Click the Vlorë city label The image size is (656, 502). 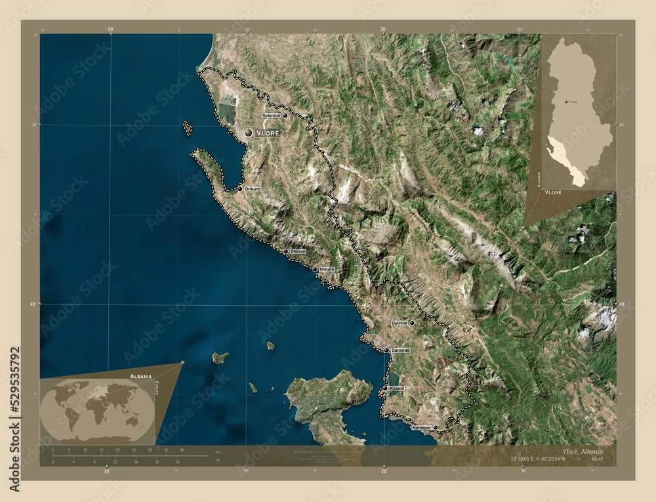click(x=268, y=133)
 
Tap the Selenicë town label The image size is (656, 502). click(x=271, y=115)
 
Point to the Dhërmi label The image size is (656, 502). click(x=297, y=251)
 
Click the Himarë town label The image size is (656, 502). click(x=327, y=269)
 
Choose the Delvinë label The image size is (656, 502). click(x=400, y=323)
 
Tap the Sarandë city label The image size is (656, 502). click(x=400, y=351)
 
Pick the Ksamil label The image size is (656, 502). click(x=397, y=389)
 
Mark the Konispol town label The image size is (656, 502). click(x=421, y=428)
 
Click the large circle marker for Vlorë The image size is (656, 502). click(x=248, y=133)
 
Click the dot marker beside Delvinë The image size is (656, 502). click(x=412, y=323)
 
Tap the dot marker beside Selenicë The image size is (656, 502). click(x=285, y=115)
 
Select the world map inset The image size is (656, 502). click(x=97, y=411)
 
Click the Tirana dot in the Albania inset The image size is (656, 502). click(x=565, y=102)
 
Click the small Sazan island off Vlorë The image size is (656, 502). click(x=188, y=128)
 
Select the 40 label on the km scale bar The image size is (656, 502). click(x=182, y=450)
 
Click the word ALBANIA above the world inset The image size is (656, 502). click(x=141, y=376)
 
